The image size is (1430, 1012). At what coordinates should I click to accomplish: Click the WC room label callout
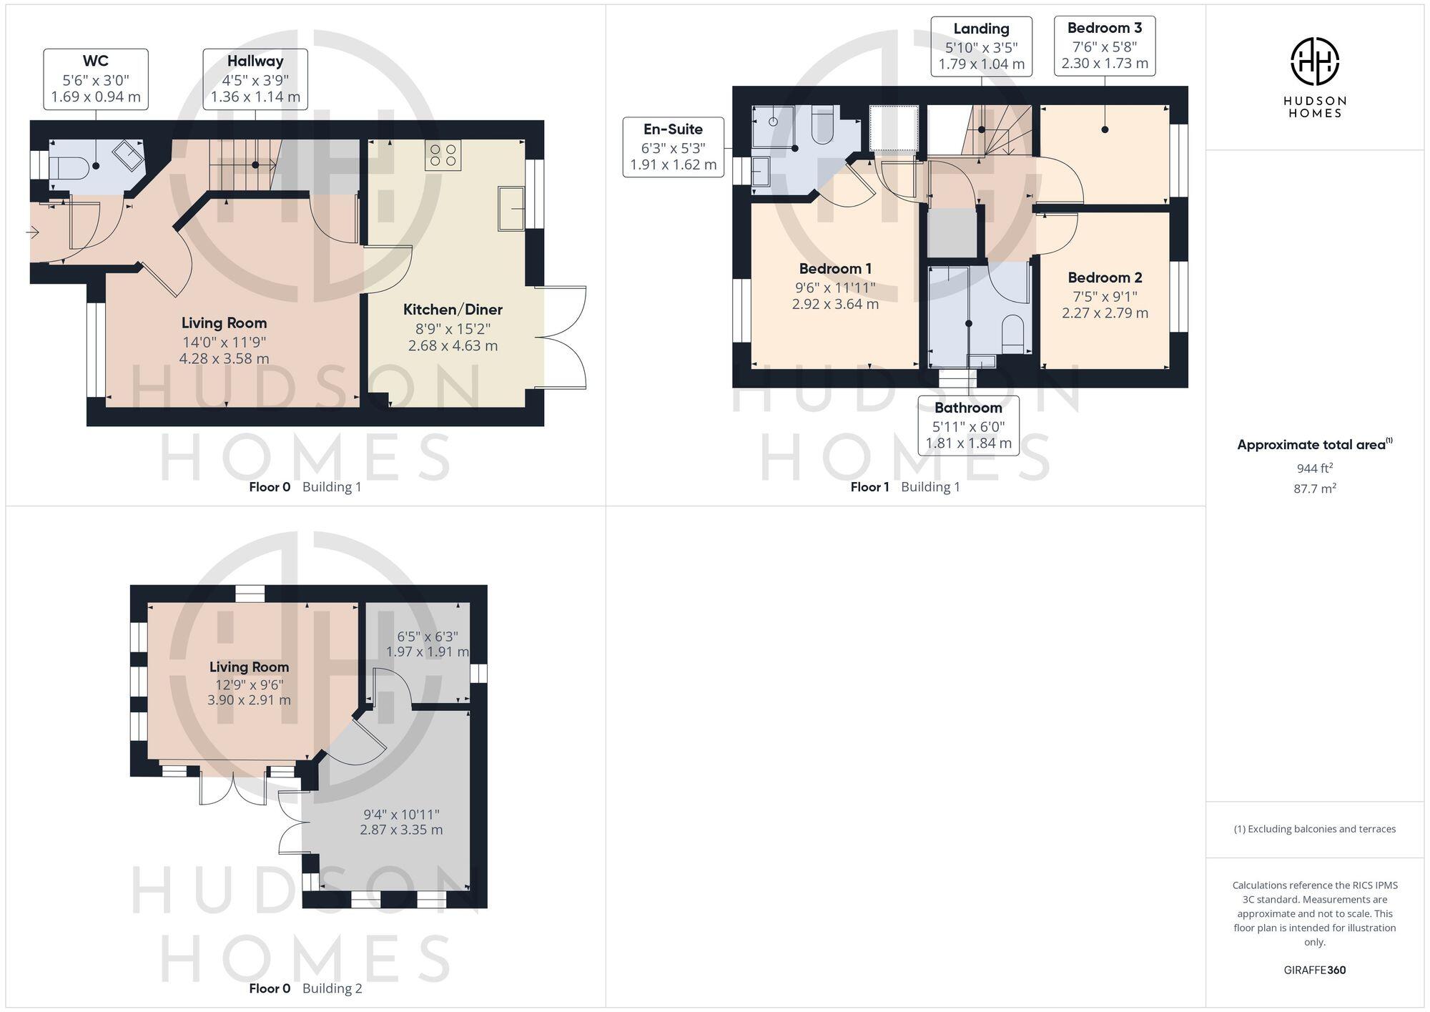coord(96,79)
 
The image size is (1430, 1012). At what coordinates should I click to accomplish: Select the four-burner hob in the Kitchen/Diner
coord(443,155)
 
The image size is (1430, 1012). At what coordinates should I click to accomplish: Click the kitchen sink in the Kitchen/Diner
coord(511,208)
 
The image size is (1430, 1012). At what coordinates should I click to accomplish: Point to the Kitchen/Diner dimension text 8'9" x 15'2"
coord(453,329)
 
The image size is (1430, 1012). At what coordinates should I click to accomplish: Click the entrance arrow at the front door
coord(33,232)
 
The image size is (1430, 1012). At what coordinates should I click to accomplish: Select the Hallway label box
coord(255,79)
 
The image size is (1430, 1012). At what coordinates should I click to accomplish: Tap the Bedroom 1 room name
coord(835,269)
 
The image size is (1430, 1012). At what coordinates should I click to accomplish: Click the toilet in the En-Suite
coord(824,126)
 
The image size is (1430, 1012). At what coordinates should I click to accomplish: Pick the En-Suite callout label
coord(673,147)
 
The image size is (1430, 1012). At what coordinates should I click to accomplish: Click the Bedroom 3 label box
coord(1105,46)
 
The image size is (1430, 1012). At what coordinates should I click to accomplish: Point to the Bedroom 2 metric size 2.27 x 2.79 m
coord(1105,313)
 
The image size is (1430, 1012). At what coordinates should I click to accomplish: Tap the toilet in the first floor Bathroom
coord(1013,334)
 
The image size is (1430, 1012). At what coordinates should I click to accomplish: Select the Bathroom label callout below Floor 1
coord(968,426)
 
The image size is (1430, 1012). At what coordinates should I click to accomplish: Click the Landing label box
coord(981,46)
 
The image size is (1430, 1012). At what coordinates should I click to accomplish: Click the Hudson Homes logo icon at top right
coord(1314,62)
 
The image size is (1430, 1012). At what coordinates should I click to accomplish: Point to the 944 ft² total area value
coord(1314,468)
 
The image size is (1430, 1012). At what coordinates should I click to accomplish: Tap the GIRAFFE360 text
coord(1314,970)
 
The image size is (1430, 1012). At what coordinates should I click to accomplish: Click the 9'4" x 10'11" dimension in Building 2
coord(401,814)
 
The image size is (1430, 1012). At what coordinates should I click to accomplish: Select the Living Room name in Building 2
coord(249,667)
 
